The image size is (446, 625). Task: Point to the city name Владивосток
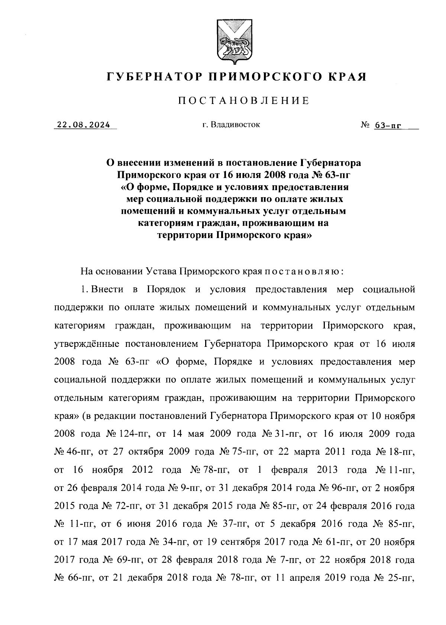(235, 125)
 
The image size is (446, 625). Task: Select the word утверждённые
(86, 344)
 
